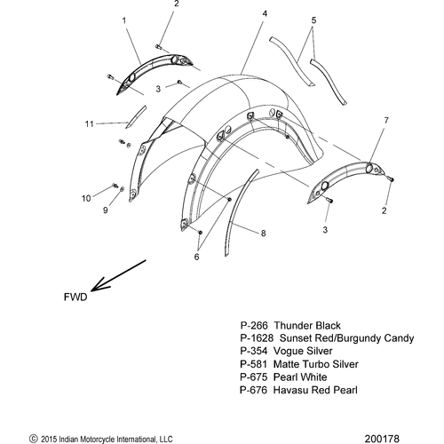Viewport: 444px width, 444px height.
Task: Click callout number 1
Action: click(124, 20)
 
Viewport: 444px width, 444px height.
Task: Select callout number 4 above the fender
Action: click(265, 13)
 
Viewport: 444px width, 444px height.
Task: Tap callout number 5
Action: click(313, 20)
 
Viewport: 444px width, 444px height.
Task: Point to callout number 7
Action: click(386, 121)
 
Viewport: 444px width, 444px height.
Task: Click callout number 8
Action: click(263, 234)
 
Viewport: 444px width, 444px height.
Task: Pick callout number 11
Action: click(89, 124)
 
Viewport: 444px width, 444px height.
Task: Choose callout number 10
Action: click(86, 198)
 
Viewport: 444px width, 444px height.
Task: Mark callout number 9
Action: click(106, 210)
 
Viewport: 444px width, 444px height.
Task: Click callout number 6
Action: click(196, 257)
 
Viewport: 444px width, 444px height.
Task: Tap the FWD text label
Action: click(75, 297)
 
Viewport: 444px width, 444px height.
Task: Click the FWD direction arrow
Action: click(118, 275)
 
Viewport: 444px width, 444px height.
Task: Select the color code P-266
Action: click(254, 325)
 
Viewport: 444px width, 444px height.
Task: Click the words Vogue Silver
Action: click(303, 351)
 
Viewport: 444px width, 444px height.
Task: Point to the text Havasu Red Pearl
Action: click(315, 390)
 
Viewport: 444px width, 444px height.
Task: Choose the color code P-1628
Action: click(257, 338)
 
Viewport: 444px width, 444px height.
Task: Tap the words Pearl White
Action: click(300, 377)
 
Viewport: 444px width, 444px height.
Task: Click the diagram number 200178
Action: click(382, 439)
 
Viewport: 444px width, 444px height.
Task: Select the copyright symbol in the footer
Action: click(34, 439)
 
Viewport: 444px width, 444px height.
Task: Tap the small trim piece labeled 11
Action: click(136, 117)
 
